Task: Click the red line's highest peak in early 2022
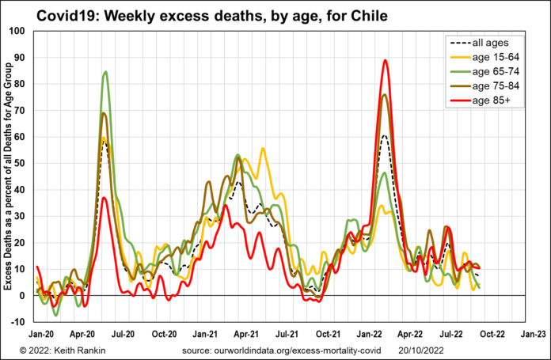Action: pos(385,60)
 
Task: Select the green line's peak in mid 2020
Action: pos(105,72)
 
